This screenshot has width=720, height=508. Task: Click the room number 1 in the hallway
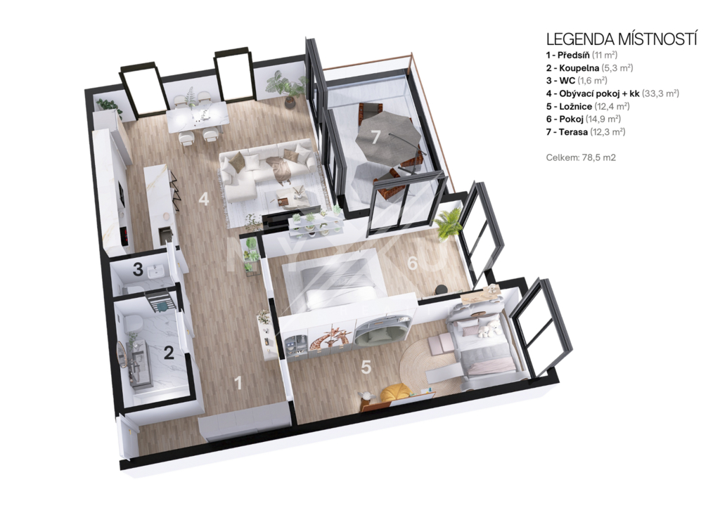coord(238,382)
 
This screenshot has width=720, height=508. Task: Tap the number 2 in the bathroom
coord(169,353)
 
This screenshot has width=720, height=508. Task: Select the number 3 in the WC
coord(138,269)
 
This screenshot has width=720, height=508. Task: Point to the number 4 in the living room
coord(203,199)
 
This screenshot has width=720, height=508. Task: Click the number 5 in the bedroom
coord(366,367)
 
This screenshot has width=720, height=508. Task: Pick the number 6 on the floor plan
coord(412,263)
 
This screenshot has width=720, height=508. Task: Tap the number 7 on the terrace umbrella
coord(375,136)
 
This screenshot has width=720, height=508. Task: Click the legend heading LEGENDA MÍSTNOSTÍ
coord(622,39)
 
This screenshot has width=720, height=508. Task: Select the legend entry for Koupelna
coord(590,68)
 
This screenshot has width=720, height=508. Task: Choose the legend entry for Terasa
coord(586,132)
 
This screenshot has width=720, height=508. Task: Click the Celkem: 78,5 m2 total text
coord(581,157)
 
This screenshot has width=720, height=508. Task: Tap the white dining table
coord(197,116)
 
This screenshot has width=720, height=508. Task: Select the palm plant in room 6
coord(446,223)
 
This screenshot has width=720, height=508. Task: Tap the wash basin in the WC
coord(157,272)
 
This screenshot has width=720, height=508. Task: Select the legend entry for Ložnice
coord(588,107)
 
